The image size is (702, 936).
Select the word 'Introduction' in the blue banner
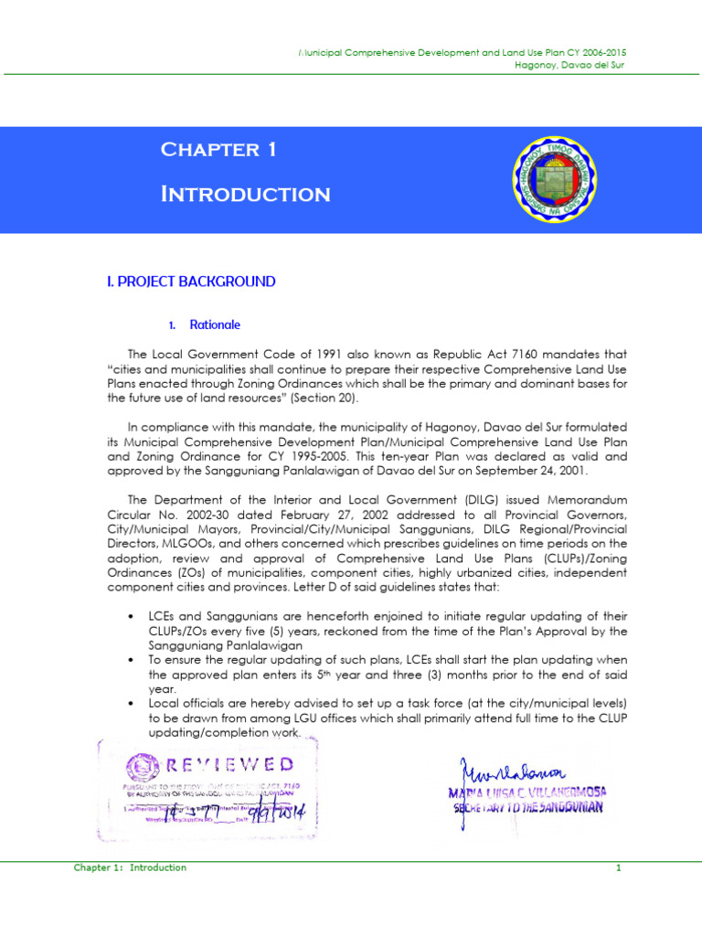[x=245, y=194]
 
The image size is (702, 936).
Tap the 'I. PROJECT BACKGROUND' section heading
[x=191, y=282]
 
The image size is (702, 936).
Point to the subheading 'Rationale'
[x=215, y=324]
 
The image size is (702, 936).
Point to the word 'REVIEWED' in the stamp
[x=229, y=763]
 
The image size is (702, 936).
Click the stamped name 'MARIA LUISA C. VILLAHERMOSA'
[x=527, y=792]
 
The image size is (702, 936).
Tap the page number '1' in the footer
[x=618, y=867]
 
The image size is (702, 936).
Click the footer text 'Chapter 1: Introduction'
[x=130, y=867]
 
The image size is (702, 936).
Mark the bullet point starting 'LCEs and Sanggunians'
[x=134, y=617]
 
